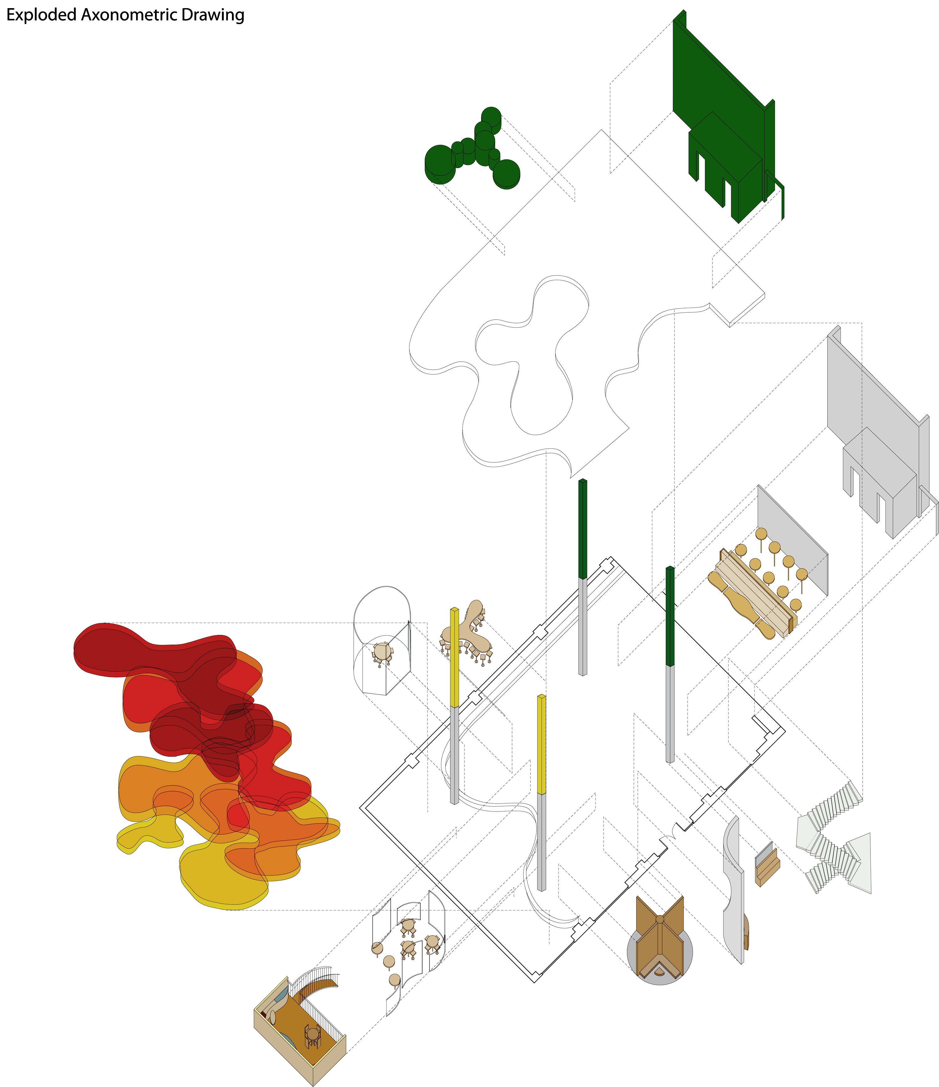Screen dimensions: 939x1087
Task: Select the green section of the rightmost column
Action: tap(670, 616)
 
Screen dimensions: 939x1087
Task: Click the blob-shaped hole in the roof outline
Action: tap(532, 357)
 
